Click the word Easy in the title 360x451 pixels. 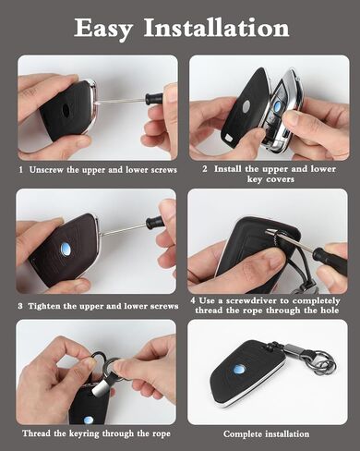(x=103, y=29)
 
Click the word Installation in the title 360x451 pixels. (x=217, y=28)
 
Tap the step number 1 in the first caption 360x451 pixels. (x=20, y=170)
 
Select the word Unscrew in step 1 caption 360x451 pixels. (x=46, y=170)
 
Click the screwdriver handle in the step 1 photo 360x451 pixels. (x=153, y=99)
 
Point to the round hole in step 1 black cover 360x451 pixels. (x=66, y=111)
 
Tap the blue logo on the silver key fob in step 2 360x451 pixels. (x=277, y=104)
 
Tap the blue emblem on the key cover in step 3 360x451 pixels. (x=66, y=248)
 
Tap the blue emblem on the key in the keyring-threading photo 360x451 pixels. (x=89, y=420)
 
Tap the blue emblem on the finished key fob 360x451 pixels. (x=238, y=370)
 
